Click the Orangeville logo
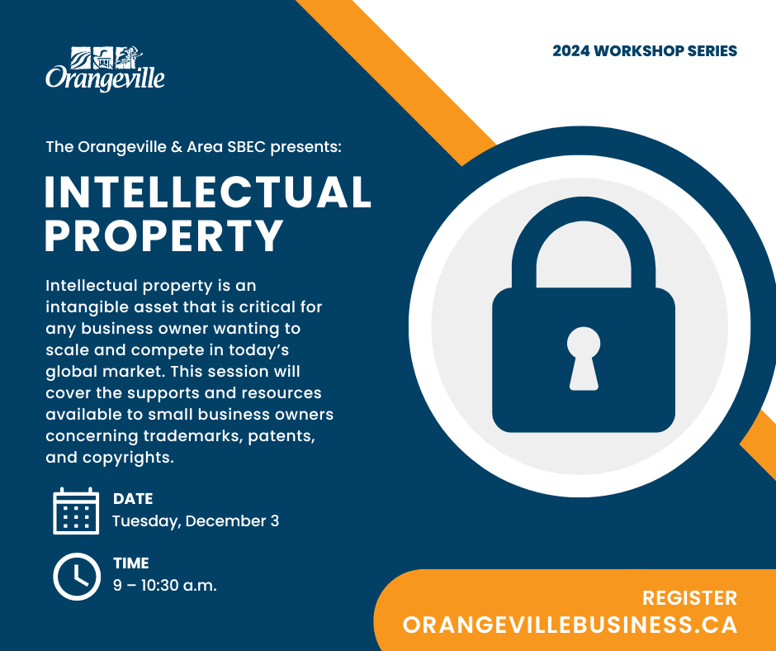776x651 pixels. tap(105, 69)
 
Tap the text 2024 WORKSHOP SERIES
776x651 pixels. tap(645, 51)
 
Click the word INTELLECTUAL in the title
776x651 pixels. tap(208, 192)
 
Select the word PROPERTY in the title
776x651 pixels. tap(164, 235)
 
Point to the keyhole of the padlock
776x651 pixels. tap(584, 359)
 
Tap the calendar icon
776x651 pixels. tap(76, 511)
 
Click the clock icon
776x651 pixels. tap(77, 576)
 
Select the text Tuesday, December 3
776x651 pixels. tap(196, 521)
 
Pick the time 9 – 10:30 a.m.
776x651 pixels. tap(165, 585)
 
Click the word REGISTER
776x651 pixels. tap(689, 598)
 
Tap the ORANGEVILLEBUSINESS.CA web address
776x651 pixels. tap(570, 625)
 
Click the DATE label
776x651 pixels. tap(133, 498)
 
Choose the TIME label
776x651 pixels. tap(130, 563)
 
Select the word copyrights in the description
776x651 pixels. tap(128, 458)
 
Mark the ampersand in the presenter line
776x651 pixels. tap(177, 147)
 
